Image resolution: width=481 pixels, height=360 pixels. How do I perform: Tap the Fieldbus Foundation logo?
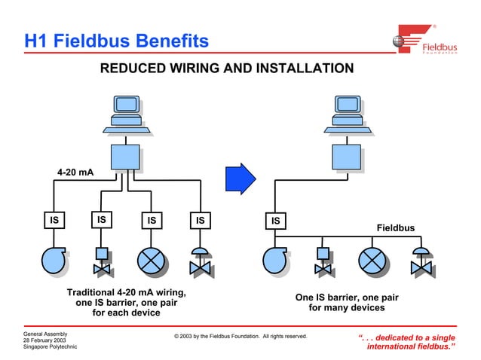coord(425,41)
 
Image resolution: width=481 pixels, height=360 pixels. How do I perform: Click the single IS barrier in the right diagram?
coord(276,221)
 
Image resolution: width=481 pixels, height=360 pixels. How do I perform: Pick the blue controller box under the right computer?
coord(346,157)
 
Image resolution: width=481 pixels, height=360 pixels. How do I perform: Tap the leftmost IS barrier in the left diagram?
coord(54,220)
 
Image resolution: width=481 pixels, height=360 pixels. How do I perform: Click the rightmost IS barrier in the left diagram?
coord(199,220)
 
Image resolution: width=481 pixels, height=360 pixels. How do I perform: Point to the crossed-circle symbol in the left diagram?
coord(151,261)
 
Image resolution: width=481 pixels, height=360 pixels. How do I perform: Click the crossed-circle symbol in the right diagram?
coord(371,260)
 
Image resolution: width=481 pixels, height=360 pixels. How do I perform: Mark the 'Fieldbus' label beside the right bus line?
coord(395,228)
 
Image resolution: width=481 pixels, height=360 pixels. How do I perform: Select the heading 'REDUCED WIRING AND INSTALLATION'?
coord(227,69)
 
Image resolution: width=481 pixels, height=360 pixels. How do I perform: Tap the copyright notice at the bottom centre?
coord(240,336)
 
